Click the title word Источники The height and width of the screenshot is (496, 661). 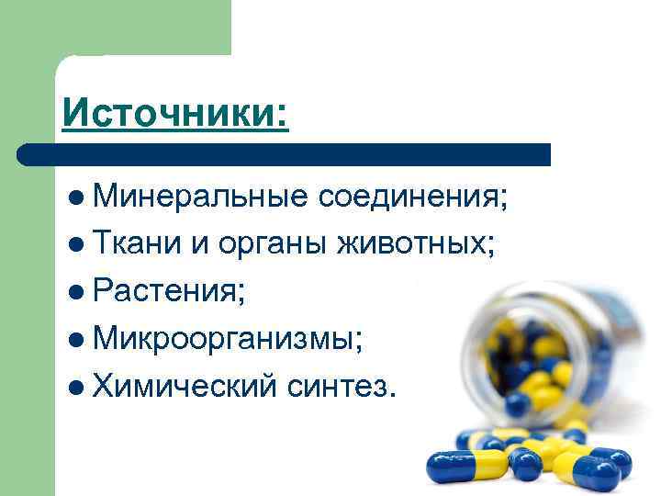(174, 114)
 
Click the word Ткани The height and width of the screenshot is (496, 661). (138, 244)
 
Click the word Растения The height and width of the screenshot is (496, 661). (167, 292)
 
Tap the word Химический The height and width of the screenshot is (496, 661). (184, 388)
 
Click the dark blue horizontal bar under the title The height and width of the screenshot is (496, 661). (285, 154)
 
